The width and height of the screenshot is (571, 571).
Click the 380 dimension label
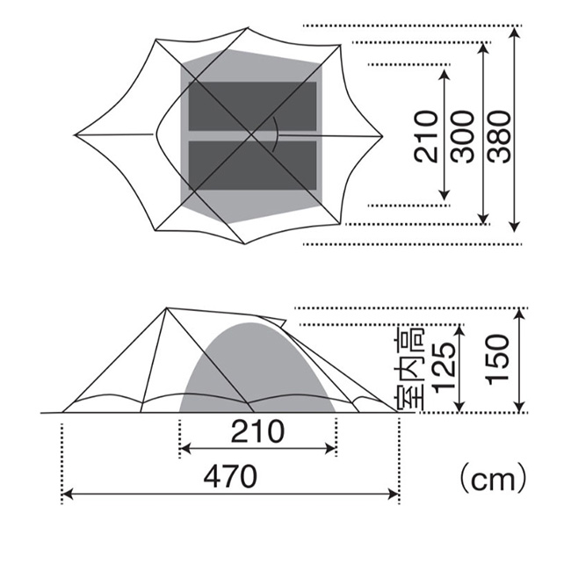500,136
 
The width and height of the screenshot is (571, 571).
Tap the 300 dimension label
463,136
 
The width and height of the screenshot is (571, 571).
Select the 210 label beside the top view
426,136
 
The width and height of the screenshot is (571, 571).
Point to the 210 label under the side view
257,431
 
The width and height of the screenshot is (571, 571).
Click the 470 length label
230,477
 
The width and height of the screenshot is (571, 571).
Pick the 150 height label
497,359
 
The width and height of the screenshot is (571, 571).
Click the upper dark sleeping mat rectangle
252,106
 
